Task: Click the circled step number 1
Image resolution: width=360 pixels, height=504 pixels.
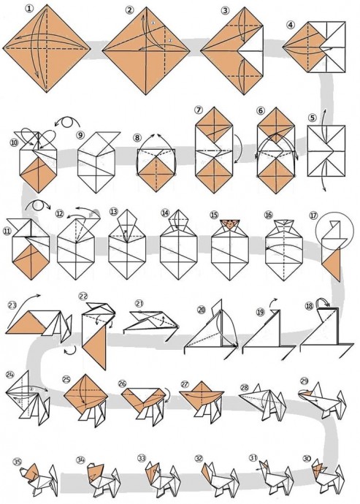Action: (x=30, y=9)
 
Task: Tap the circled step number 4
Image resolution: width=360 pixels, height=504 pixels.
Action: (x=291, y=25)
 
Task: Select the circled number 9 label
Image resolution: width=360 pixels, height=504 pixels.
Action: (x=80, y=135)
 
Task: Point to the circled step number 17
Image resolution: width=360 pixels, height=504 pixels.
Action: (x=313, y=215)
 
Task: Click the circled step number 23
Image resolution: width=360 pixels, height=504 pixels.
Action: (x=12, y=305)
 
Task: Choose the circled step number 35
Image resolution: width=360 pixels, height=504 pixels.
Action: (x=17, y=462)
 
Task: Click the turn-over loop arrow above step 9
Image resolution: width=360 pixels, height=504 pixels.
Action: (x=67, y=123)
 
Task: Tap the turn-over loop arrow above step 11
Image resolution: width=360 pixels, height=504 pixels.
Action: (x=38, y=206)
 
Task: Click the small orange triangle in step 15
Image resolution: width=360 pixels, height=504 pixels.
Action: (x=229, y=224)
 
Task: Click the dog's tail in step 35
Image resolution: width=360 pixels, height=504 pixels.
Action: (x=53, y=475)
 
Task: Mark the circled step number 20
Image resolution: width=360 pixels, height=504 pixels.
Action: (x=202, y=310)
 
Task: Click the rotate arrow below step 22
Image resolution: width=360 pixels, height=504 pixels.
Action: (x=71, y=351)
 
